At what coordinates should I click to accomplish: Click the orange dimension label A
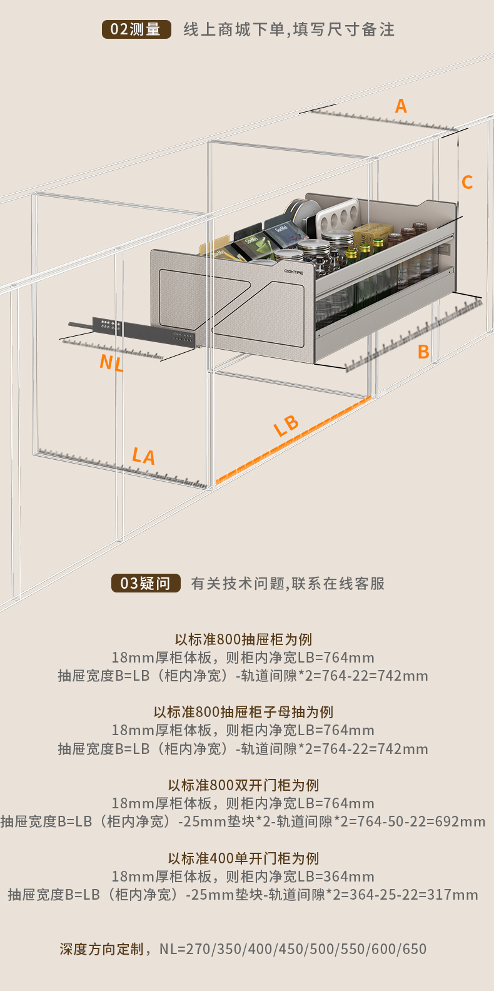point(401,106)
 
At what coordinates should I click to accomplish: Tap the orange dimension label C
point(467,182)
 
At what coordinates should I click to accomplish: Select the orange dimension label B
point(423,352)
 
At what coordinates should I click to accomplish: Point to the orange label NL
point(111,362)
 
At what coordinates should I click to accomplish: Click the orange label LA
point(143,455)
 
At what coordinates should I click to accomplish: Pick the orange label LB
point(286,425)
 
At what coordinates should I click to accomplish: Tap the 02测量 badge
point(136,29)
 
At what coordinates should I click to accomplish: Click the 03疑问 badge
point(146,583)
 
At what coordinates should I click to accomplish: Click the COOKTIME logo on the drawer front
point(293,272)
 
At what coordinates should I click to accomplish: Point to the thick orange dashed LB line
point(294,439)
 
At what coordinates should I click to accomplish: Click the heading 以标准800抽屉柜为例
point(243,639)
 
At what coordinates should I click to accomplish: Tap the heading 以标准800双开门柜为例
point(243,785)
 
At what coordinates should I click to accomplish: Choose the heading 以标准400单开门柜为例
point(243,858)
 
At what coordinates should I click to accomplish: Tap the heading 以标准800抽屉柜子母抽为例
point(243,712)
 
